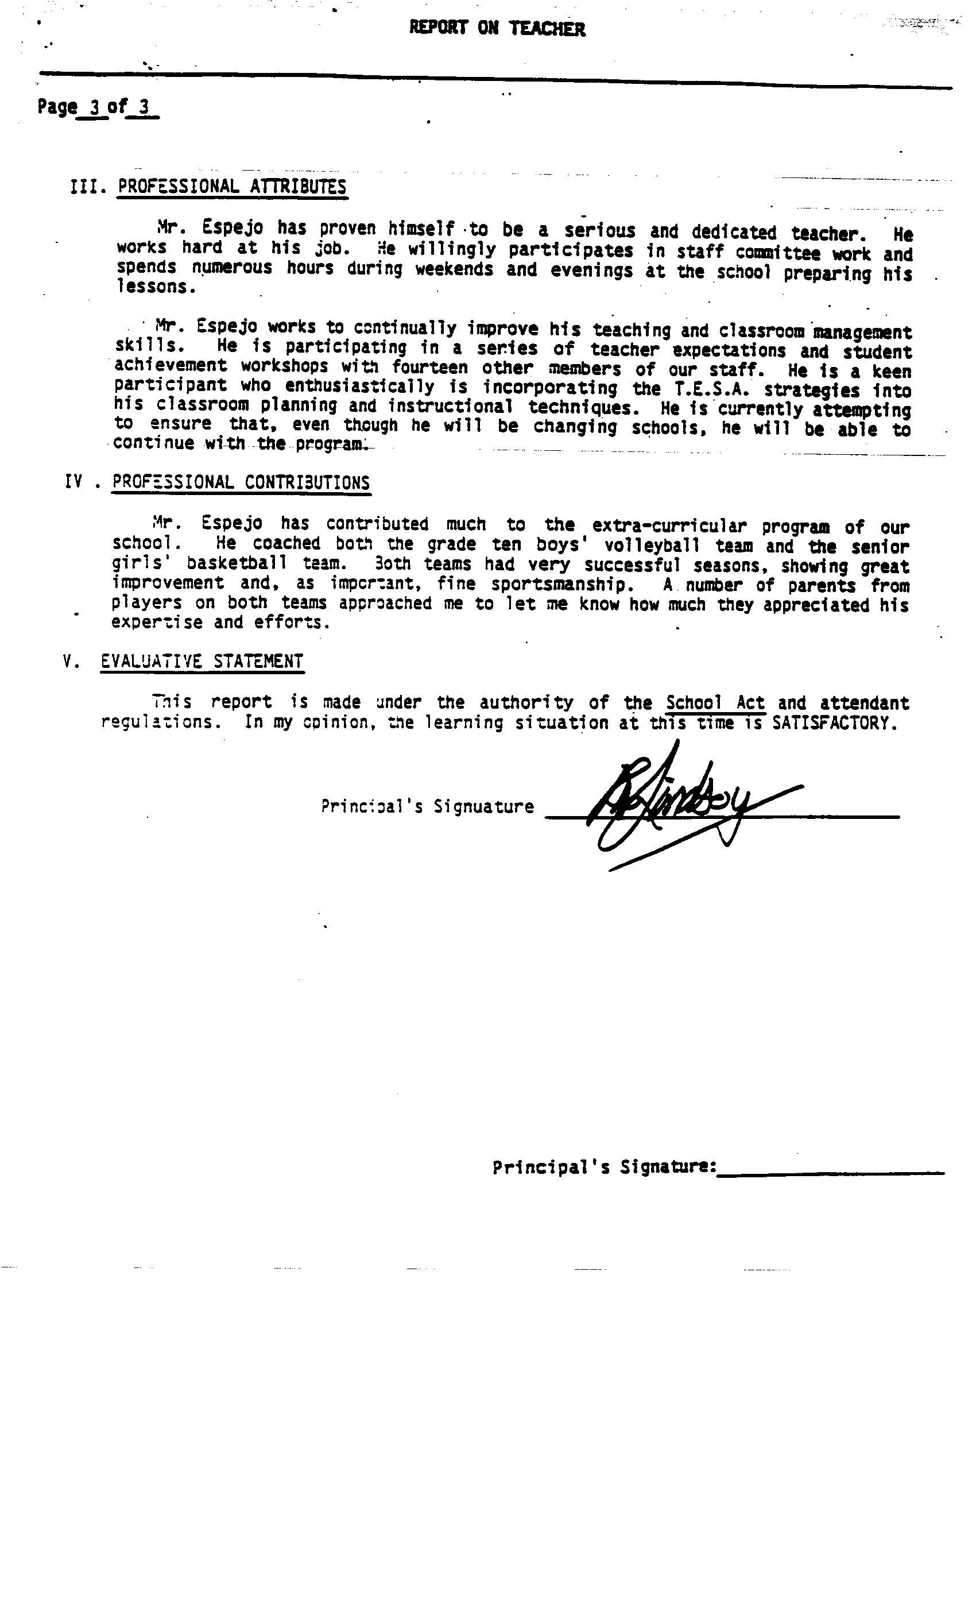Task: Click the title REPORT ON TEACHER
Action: tap(497, 28)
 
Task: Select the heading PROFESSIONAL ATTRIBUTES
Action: tap(233, 187)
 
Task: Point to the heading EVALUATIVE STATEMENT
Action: tap(202, 661)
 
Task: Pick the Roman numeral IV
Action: tap(73, 482)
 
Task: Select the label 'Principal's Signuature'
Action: tap(427, 807)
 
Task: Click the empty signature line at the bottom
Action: tap(830, 1173)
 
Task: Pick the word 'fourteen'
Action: tap(430, 368)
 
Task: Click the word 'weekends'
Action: tap(454, 269)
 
